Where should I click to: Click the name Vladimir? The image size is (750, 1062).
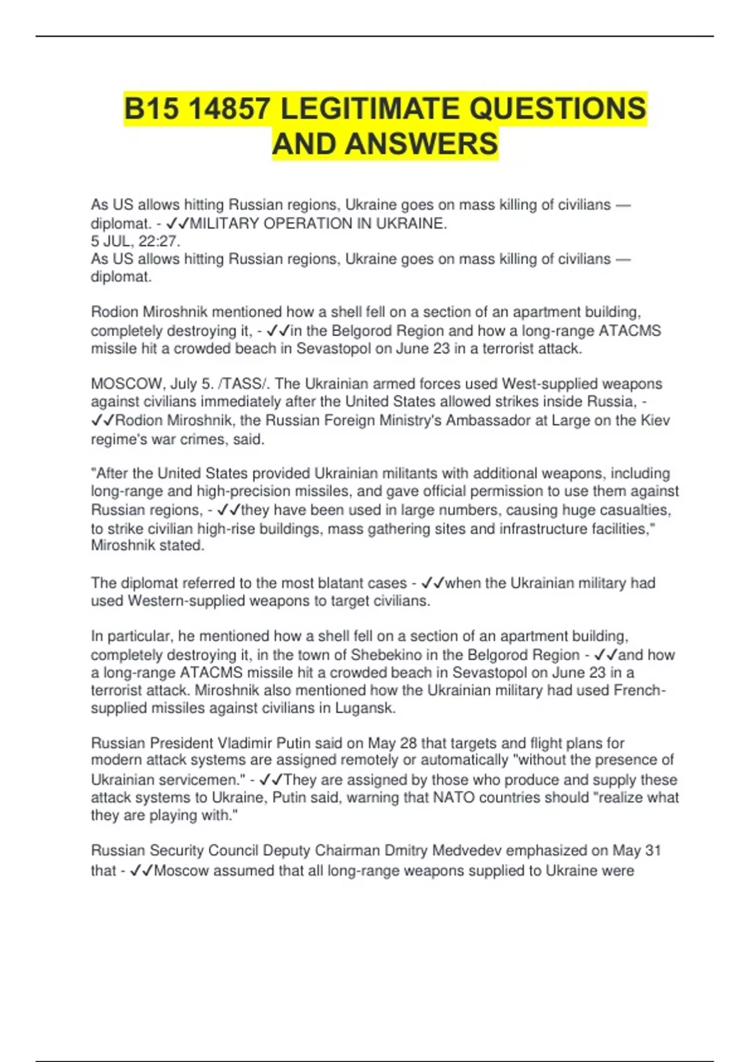244,743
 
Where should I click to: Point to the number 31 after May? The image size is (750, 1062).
653,851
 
